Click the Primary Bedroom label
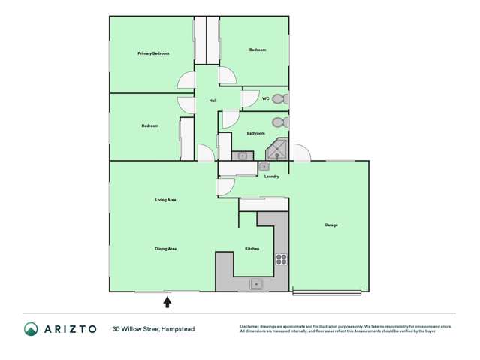tap(152, 53)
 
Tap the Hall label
tap(213, 101)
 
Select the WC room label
tap(265, 98)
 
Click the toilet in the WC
tap(280, 98)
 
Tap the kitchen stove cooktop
tap(281, 259)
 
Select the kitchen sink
tap(256, 283)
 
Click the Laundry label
tap(271, 177)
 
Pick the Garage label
tap(331, 225)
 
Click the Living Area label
tap(165, 200)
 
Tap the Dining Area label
tap(165, 249)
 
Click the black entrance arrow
tap(167, 301)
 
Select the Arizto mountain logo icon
tap(31, 328)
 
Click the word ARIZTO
tap(71, 328)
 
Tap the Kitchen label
tap(252, 249)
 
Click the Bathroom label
tap(255, 133)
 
